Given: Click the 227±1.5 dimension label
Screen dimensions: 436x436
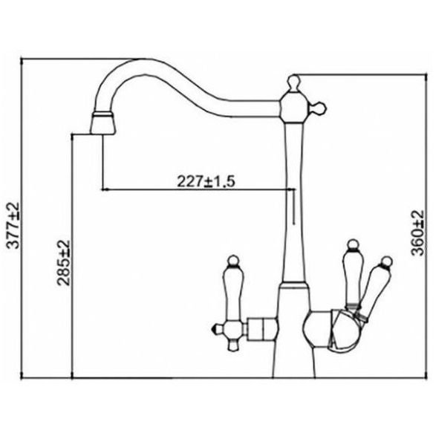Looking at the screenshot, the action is [x=206, y=181].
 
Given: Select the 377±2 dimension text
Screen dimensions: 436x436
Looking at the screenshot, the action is [x=13, y=225].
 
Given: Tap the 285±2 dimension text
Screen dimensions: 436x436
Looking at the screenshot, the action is [x=63, y=262].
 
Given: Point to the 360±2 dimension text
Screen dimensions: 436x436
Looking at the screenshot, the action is [x=417, y=232].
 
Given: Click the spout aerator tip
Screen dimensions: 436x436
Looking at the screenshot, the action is [x=103, y=124].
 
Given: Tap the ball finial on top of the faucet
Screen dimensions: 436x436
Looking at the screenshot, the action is [x=293, y=82].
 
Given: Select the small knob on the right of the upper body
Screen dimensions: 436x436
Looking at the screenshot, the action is [x=318, y=108].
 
